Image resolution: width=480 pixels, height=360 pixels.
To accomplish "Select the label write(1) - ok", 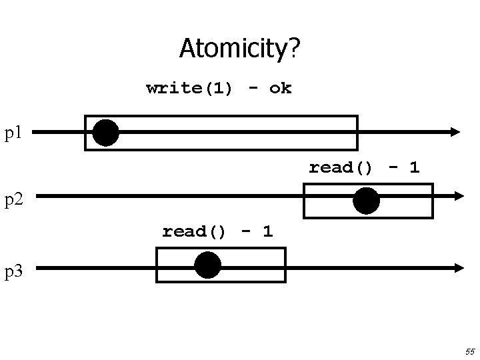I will coord(219,88).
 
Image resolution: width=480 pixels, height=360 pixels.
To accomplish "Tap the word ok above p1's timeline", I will coord(280,88).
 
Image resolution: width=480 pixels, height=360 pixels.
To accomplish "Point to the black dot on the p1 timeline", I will coord(105,133).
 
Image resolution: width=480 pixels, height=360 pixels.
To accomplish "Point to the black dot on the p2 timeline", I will coord(366,200).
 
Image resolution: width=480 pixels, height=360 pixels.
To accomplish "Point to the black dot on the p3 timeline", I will coord(207,265).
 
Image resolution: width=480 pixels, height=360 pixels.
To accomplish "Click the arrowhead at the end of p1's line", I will coord(455,132).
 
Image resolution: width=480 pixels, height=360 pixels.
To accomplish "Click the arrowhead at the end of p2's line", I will coord(458,196).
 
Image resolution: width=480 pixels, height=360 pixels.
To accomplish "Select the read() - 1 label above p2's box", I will coord(363,167).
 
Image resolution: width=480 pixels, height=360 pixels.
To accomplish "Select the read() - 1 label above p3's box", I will coord(217,231).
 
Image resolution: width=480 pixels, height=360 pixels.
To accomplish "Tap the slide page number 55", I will coord(469,351).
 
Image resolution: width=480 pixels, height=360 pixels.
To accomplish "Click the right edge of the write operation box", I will coord(357,133).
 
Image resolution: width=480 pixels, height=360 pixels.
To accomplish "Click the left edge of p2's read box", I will coord(304,201).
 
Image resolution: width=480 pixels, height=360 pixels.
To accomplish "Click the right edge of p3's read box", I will coord(285,265).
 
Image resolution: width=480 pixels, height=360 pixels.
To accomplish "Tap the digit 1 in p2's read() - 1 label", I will coord(414,167).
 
